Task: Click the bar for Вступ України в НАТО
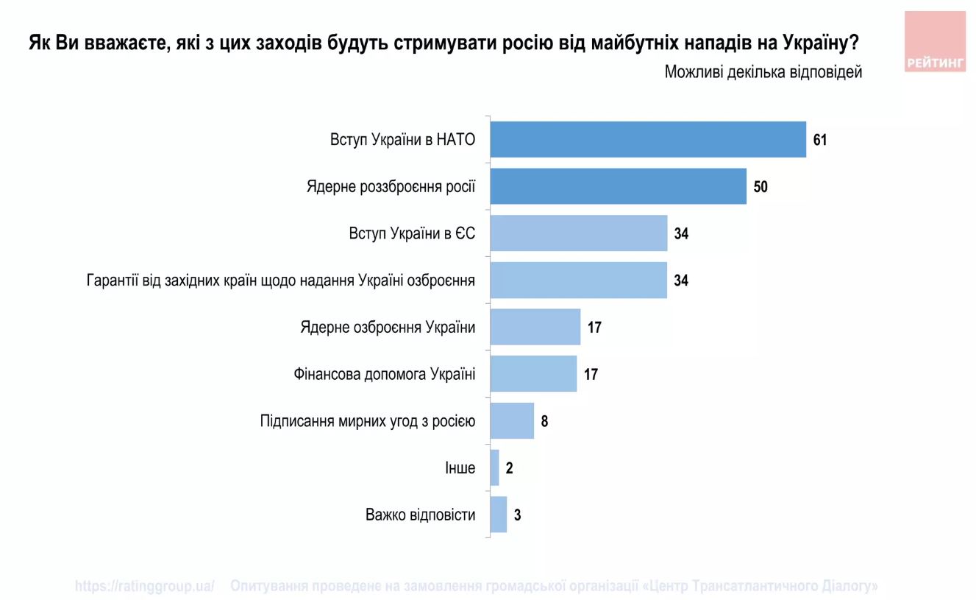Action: pyautogui.click(x=647, y=139)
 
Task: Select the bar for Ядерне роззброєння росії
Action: pyautogui.click(x=618, y=186)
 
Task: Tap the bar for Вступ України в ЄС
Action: pyautogui.click(x=578, y=233)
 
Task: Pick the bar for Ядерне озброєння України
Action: pyautogui.click(x=535, y=327)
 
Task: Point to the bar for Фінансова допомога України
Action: pyautogui.click(x=533, y=374)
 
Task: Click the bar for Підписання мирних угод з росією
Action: pyautogui.click(x=512, y=421)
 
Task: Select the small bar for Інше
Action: pyautogui.click(x=495, y=467)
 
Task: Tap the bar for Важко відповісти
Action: pyautogui.click(x=499, y=515)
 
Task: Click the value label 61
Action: pyautogui.click(x=820, y=140)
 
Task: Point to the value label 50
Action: pyautogui.click(x=760, y=187)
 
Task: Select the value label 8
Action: pyautogui.click(x=545, y=422)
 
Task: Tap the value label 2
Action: pyautogui.click(x=509, y=468)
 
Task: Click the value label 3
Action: pyautogui.click(x=517, y=515)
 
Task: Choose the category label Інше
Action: pyautogui.click(x=460, y=468)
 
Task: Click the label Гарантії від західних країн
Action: pyautogui.click(x=280, y=280)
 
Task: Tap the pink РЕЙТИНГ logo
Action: pyautogui.click(x=935, y=42)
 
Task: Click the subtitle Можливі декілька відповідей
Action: pyautogui.click(x=763, y=72)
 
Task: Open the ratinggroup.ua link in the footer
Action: pyautogui.click(x=144, y=586)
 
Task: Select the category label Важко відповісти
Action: pyautogui.click(x=420, y=515)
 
